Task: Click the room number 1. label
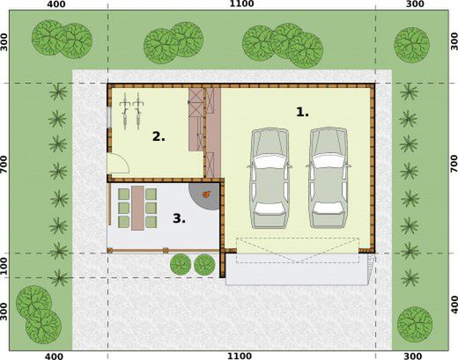[302, 112]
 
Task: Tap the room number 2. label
[159, 136]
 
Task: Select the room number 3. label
[179, 217]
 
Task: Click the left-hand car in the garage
[270, 176]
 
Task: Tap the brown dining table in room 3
[136, 208]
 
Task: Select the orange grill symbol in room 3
[207, 195]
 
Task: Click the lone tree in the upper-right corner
[411, 40]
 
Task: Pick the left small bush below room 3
[181, 262]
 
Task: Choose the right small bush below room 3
[204, 262]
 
